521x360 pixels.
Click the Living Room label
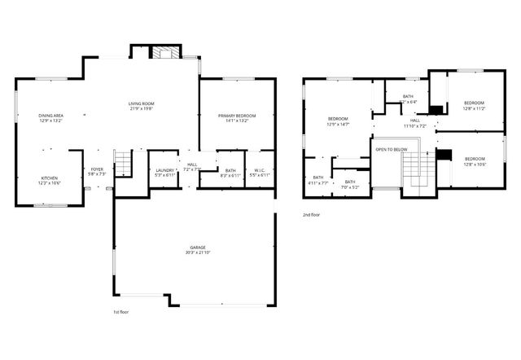141,103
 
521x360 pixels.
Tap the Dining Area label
50,116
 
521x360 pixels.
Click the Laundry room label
164,169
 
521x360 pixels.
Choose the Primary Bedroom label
237,116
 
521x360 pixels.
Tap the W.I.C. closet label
258,169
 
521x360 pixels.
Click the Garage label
198,247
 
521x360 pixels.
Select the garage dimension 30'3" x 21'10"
198,252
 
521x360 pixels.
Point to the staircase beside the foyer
122,163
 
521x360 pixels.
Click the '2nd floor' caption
310,216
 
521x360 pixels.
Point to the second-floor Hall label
414,121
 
